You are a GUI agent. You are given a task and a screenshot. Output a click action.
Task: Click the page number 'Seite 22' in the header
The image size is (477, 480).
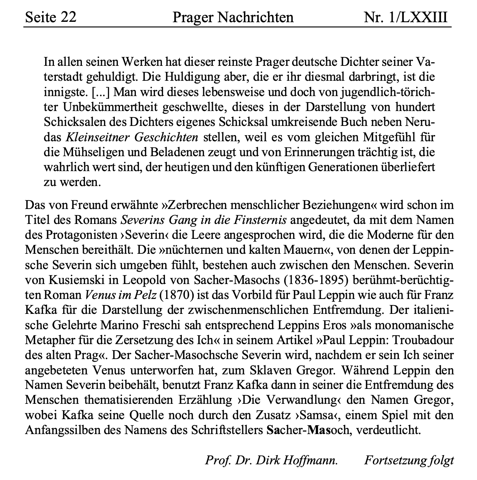point(51,17)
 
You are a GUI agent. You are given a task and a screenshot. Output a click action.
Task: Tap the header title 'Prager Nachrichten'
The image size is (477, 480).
point(233,17)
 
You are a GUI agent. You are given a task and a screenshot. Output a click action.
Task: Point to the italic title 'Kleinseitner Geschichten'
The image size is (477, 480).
point(132,137)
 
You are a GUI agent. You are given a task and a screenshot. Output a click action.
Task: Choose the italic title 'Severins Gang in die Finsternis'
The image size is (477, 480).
point(203,220)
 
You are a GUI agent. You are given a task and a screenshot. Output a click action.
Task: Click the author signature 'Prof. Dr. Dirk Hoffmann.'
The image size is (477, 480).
point(271,460)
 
